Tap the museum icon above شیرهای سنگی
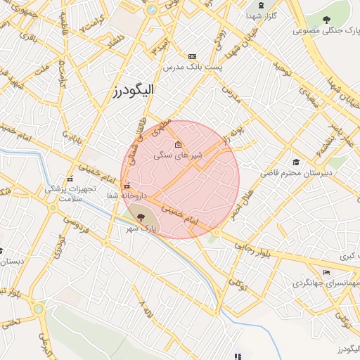177,145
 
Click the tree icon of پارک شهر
141,218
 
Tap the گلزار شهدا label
260,15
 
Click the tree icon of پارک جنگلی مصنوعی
326,20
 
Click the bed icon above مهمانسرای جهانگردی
326,272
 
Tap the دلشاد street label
116,44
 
